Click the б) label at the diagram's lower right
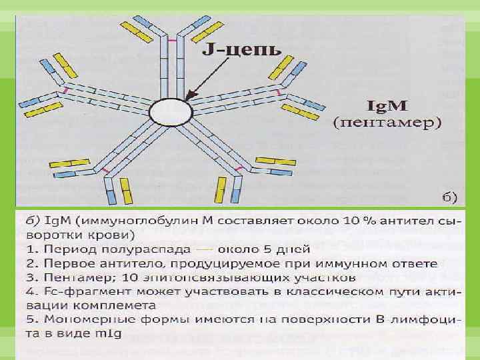click(449, 196)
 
